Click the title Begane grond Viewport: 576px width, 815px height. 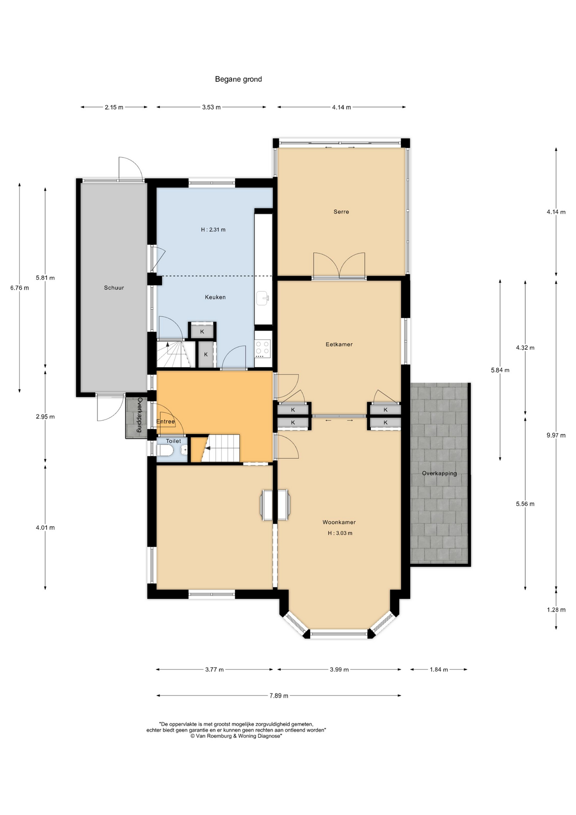pyautogui.click(x=238, y=79)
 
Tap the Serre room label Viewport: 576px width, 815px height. pyautogui.click(x=341, y=211)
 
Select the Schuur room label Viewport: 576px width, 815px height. pyautogui.click(x=114, y=287)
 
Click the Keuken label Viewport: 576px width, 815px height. pyautogui.click(x=215, y=297)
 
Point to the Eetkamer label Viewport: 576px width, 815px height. pyautogui.click(x=339, y=344)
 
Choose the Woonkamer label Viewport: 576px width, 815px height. pyautogui.click(x=339, y=522)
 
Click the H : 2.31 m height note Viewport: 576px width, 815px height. pyautogui.click(x=213, y=230)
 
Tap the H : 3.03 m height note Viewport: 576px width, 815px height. pyautogui.click(x=340, y=533)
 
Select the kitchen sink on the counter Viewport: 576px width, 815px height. pyautogui.click(x=263, y=298)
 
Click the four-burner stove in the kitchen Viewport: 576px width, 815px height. pyautogui.click(x=263, y=349)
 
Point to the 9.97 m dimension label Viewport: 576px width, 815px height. pyautogui.click(x=556, y=435)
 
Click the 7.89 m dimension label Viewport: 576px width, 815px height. pyautogui.click(x=279, y=696)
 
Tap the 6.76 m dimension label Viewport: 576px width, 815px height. pyautogui.click(x=20, y=288)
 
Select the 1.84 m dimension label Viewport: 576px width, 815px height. pyautogui.click(x=439, y=669)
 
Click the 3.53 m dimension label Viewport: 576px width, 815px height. pyautogui.click(x=211, y=107)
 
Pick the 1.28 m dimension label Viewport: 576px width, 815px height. pyautogui.click(x=556, y=610)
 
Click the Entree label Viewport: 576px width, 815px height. pyautogui.click(x=165, y=422)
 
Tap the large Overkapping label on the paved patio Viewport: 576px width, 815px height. pyautogui.click(x=439, y=473)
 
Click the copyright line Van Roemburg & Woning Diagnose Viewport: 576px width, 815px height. pyautogui.click(x=236, y=736)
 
